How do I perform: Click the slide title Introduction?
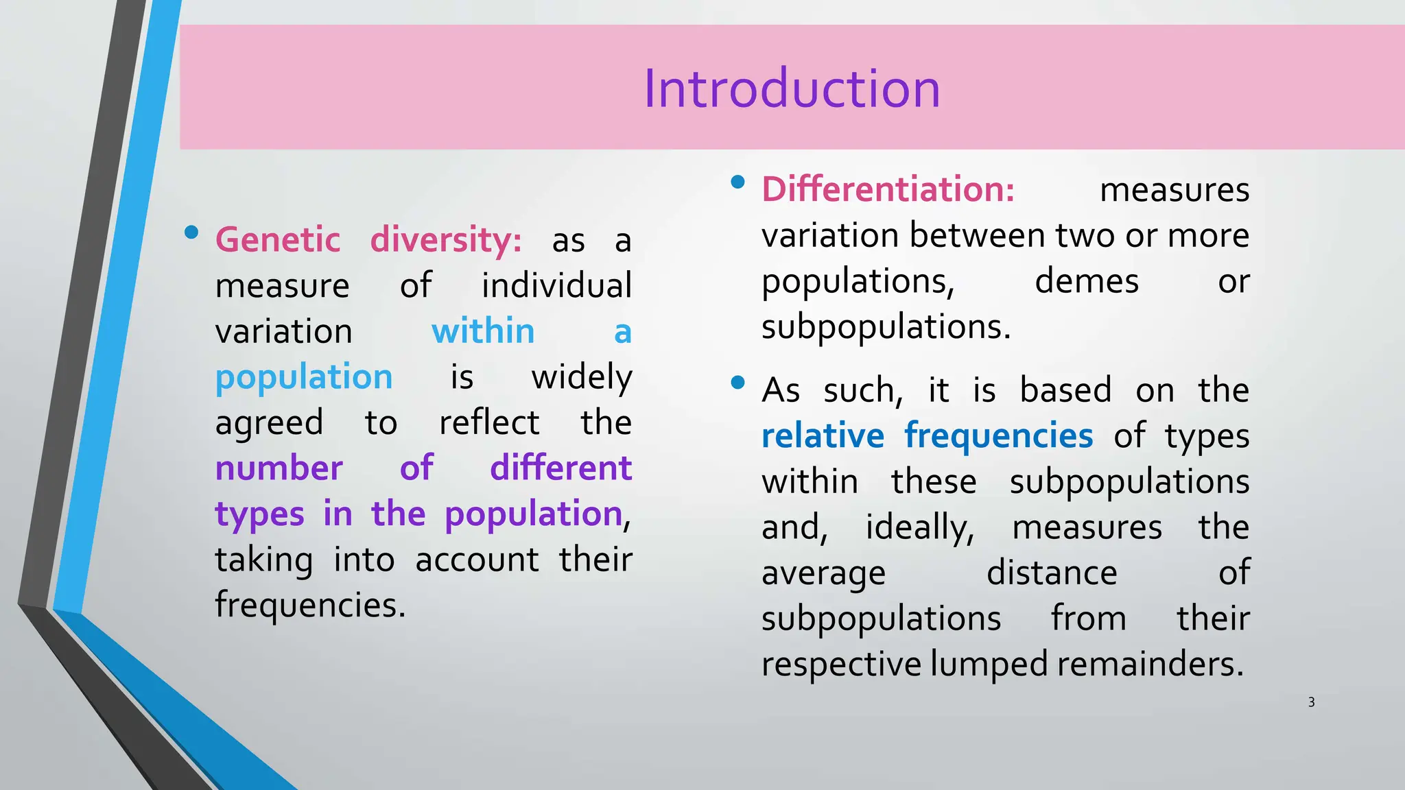click(x=792, y=89)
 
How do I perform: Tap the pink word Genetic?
click(x=278, y=240)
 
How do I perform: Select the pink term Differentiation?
click(x=888, y=189)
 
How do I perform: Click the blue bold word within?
click(x=483, y=332)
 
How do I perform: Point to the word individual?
click(x=556, y=286)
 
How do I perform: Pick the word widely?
click(x=582, y=378)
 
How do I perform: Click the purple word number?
click(x=279, y=468)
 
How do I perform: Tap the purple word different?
click(x=560, y=468)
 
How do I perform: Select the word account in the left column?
click(x=477, y=560)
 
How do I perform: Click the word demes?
click(x=1087, y=281)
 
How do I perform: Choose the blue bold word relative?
click(x=823, y=436)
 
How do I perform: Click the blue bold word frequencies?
click(x=998, y=437)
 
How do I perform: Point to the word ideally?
click(x=919, y=528)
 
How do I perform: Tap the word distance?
click(x=1052, y=573)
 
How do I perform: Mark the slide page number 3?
click(x=1311, y=702)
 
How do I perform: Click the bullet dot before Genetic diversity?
click(x=191, y=232)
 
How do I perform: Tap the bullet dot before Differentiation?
click(x=738, y=182)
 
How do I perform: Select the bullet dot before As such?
click(x=738, y=383)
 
